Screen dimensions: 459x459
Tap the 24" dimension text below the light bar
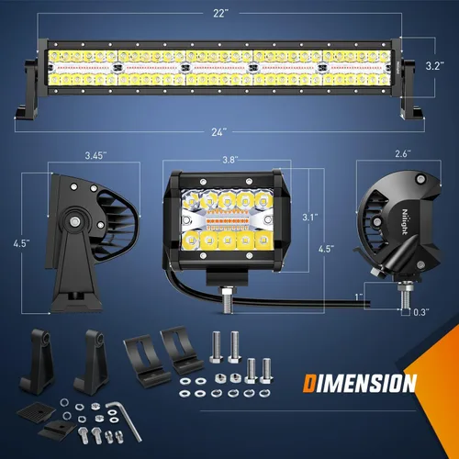click(x=218, y=131)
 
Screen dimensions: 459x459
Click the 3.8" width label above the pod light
click(x=230, y=159)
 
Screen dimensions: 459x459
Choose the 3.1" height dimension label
click(x=309, y=218)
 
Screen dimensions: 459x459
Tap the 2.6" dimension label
click(x=402, y=155)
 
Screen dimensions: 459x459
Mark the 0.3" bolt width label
click(x=420, y=313)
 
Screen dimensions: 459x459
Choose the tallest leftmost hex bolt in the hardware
click(x=217, y=349)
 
